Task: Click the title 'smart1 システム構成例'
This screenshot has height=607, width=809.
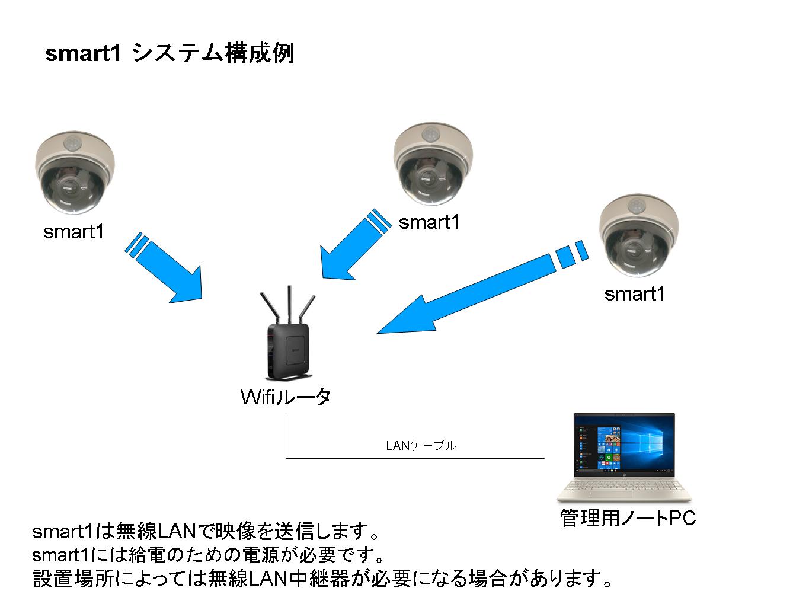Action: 170,53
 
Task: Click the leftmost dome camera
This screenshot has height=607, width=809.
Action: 75,173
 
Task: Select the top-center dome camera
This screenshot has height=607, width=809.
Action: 433,164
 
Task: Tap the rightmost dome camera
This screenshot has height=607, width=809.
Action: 639,235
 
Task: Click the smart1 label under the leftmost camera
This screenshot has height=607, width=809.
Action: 73,231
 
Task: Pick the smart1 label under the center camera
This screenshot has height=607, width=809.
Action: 429,222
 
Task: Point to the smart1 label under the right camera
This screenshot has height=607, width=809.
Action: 635,294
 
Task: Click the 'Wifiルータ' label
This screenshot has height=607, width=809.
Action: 286,397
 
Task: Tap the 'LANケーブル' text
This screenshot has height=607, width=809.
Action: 421,446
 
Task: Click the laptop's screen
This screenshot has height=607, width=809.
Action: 624,446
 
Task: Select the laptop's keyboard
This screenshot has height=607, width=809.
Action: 624,487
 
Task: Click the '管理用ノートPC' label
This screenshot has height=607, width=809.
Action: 628,518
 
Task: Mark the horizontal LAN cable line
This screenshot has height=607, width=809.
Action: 415,458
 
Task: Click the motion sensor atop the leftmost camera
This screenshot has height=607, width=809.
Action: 73,142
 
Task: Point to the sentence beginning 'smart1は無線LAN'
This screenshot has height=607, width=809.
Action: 205,531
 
